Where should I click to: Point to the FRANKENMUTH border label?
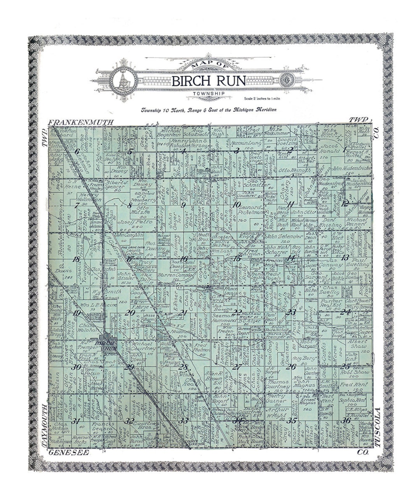coord(81,122)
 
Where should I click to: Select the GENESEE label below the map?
coord(68,453)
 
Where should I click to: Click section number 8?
coord(130,205)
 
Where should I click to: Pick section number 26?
coord(290,366)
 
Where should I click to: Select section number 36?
coord(345,420)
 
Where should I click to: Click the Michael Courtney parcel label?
coord(144,346)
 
